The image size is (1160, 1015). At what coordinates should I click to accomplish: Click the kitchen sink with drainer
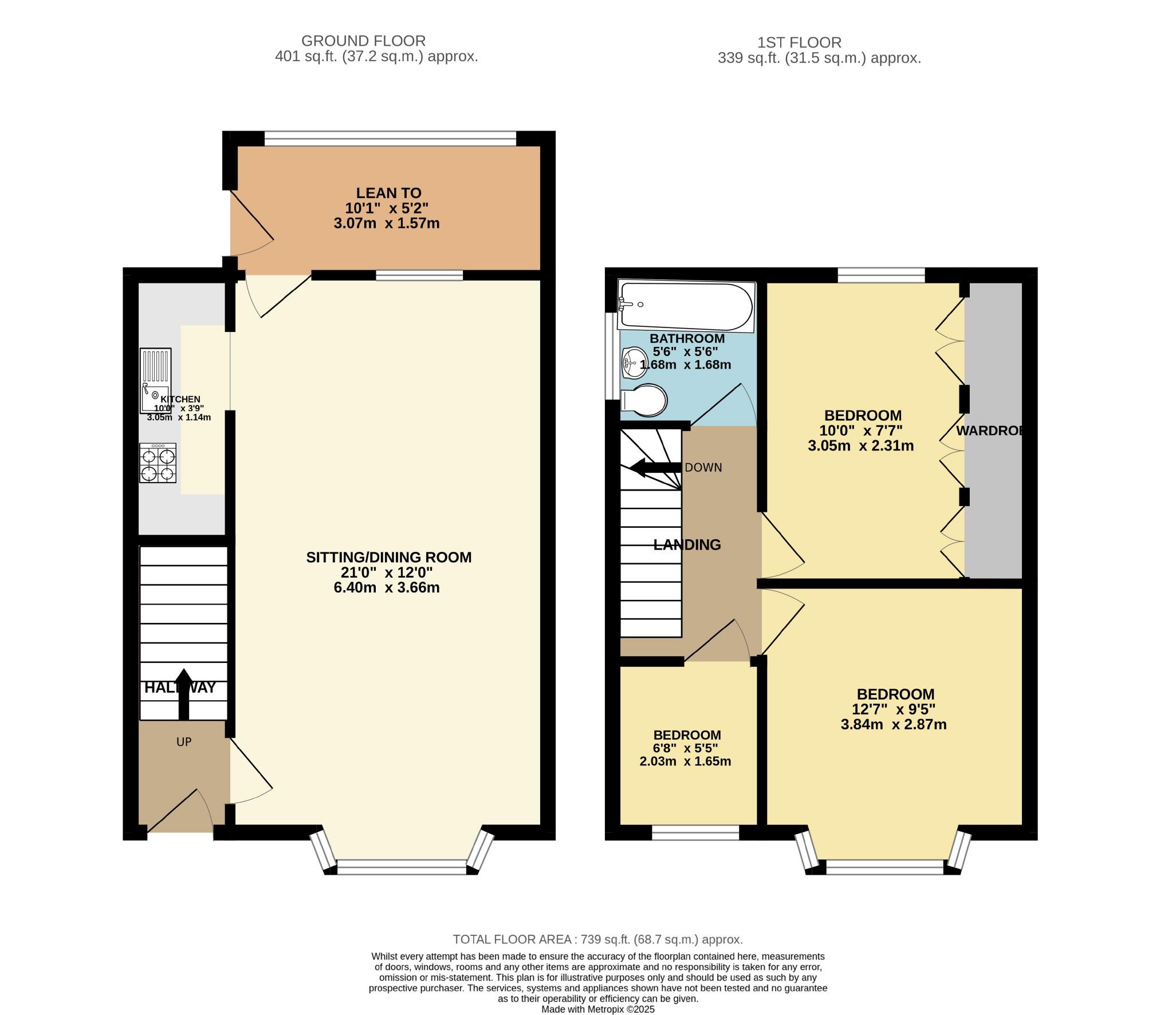point(156,381)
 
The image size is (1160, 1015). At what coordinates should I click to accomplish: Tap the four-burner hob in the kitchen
point(158,463)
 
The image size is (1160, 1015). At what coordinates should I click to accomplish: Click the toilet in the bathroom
point(644,400)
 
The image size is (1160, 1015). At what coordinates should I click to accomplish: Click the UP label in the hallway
point(184,742)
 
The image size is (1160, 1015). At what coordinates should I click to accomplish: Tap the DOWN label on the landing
point(703,468)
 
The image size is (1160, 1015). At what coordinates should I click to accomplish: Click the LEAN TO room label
point(388,193)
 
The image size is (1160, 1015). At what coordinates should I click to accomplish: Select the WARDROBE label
point(990,431)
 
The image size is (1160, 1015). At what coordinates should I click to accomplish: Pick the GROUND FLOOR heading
point(363,41)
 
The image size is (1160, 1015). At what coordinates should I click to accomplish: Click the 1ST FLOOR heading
point(799,42)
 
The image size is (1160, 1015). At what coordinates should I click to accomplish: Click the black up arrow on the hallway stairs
point(183,694)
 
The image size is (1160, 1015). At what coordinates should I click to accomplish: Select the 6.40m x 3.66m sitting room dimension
point(387,587)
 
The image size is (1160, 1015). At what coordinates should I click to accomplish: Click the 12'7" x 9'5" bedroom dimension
point(894,709)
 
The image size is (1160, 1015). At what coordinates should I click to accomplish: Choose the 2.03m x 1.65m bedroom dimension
point(685,761)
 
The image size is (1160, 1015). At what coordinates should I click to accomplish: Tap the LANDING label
point(687,545)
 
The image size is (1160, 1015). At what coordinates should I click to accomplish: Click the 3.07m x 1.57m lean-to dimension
point(387,223)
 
